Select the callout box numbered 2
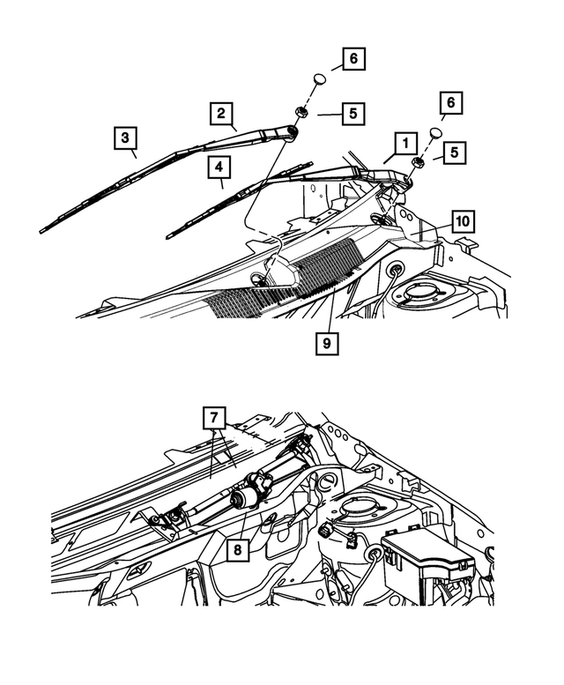[x=221, y=114]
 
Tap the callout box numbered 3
[x=126, y=138]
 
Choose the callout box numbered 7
[x=214, y=417]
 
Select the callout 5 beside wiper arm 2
[x=352, y=114]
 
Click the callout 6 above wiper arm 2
[x=352, y=60]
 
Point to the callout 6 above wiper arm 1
[x=451, y=103]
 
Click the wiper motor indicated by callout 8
[x=246, y=499]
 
